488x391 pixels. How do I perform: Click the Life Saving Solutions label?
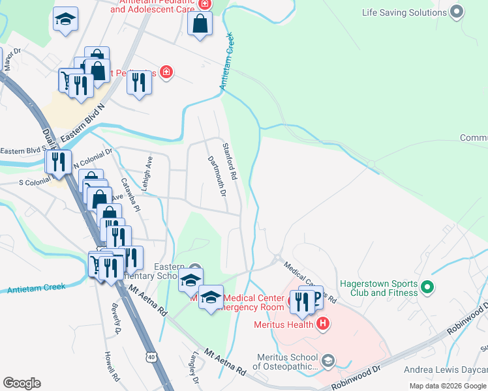pyautogui.click(x=404, y=12)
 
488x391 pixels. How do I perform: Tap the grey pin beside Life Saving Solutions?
pyautogui.click(x=457, y=12)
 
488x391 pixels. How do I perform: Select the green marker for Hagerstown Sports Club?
pyautogui.click(x=427, y=287)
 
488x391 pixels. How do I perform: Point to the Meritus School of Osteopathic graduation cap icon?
pyautogui.click(x=328, y=360)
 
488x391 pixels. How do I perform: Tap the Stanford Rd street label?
pyautogui.click(x=229, y=162)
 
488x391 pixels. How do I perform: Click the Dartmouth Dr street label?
pyautogui.click(x=216, y=176)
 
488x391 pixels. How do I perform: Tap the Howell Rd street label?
pyautogui.click(x=112, y=367)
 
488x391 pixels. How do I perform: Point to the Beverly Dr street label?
pyautogui.click(x=117, y=320)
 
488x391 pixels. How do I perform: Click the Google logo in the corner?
pyautogui.click(x=22, y=383)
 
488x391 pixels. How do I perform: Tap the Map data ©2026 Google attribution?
pyautogui.click(x=447, y=386)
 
